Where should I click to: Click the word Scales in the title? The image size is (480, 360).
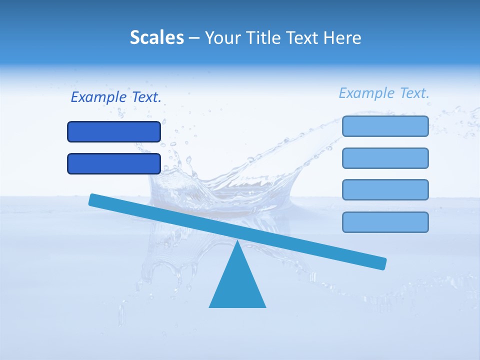[156, 37]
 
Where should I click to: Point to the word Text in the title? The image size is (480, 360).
[305, 38]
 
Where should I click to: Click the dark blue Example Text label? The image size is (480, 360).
[116, 97]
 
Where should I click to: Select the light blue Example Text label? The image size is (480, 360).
[384, 93]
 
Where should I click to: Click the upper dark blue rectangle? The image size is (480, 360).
[114, 131]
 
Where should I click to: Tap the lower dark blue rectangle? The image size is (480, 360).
[114, 163]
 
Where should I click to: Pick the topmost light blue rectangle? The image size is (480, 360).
[385, 126]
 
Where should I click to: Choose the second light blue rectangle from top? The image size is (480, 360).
[385, 158]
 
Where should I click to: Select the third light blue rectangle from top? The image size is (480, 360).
[385, 190]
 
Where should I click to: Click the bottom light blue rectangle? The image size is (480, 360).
[385, 222]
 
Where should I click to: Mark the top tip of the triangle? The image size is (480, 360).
[237, 242]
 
